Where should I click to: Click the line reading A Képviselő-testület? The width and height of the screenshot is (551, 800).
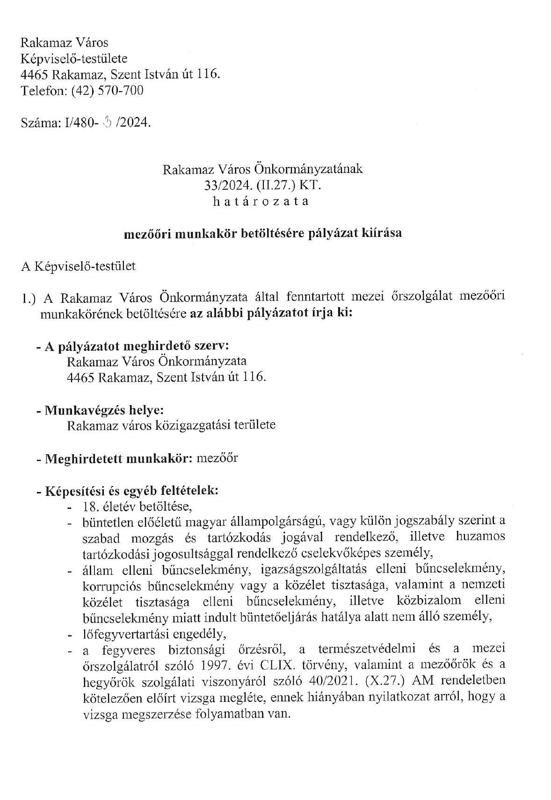[x=78, y=266]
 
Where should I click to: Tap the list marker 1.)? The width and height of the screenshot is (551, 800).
[x=29, y=298]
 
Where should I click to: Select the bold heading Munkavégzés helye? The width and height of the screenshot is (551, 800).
[x=103, y=410]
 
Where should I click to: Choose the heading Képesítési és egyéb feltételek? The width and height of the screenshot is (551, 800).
[x=131, y=491]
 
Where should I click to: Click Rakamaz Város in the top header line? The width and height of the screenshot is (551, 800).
[x=64, y=43]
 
